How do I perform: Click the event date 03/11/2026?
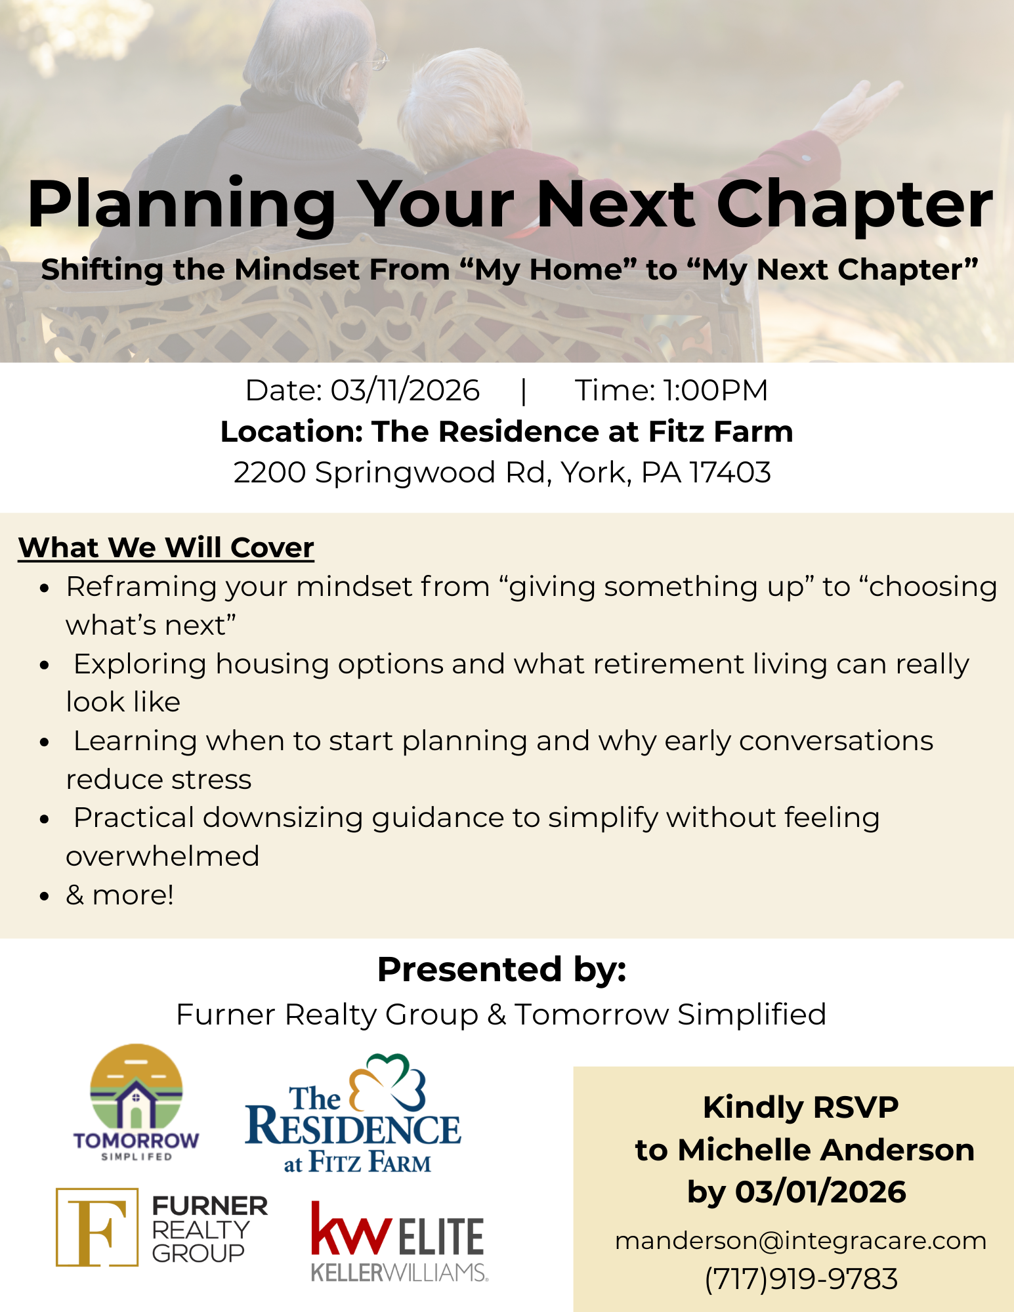[405, 391]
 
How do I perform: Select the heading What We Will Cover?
[166, 547]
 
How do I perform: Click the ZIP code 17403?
[730, 473]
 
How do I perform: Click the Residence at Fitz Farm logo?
[353, 1114]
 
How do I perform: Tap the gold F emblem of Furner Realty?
[97, 1227]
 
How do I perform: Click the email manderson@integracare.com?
[801, 1240]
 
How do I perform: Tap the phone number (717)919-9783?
[801, 1279]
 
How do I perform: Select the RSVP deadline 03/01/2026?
[820, 1191]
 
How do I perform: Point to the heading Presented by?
[502, 969]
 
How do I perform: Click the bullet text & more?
[120, 895]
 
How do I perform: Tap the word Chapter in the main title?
[855, 205]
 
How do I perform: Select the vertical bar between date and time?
[523, 391]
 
